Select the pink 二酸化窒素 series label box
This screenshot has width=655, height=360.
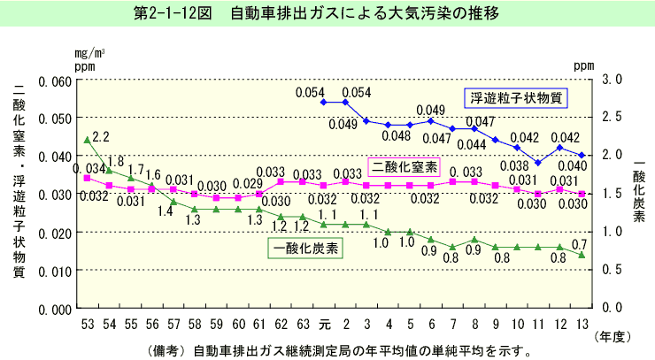click(x=405, y=165)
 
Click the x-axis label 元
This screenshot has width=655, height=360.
click(x=324, y=322)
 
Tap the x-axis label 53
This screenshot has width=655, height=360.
click(x=87, y=322)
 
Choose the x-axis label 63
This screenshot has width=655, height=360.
click(x=303, y=322)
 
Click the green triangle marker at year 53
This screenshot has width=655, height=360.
click(x=87, y=140)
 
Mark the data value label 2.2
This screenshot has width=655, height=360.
click(x=100, y=137)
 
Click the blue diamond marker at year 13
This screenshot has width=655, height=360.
click(x=582, y=156)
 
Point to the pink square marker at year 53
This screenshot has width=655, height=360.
click(x=87, y=178)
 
